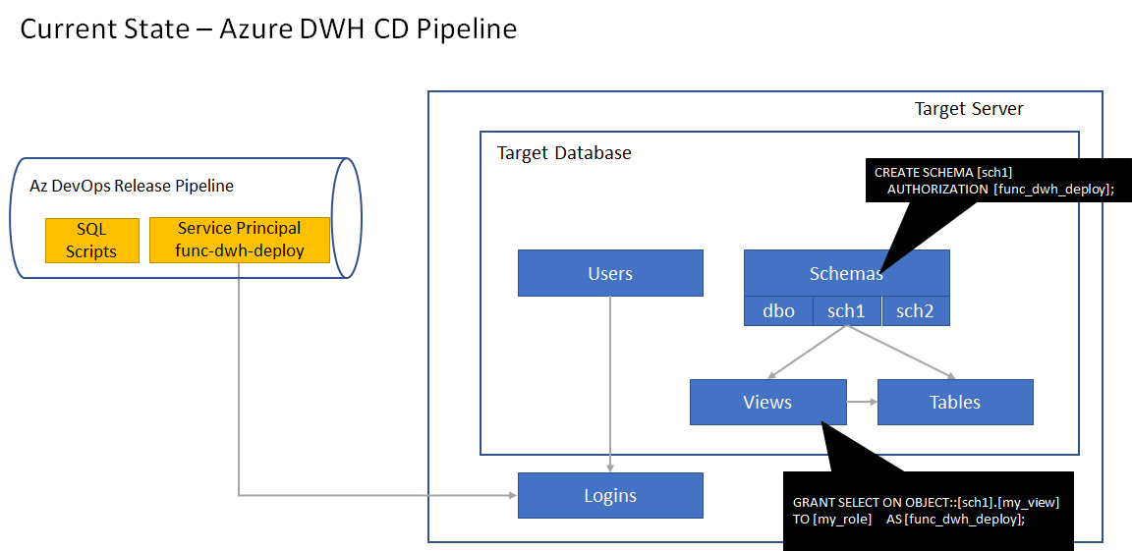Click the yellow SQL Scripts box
(x=91, y=240)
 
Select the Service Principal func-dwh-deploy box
(x=240, y=240)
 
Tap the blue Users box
(x=610, y=273)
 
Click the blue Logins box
(x=610, y=496)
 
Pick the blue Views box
(x=767, y=402)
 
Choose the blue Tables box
(x=955, y=402)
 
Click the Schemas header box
(x=846, y=273)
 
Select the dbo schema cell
(x=778, y=310)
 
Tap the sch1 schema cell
(x=846, y=310)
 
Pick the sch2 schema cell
(x=915, y=310)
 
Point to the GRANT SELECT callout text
(x=925, y=510)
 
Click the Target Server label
(x=969, y=109)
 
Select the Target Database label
(x=564, y=153)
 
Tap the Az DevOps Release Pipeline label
(x=132, y=186)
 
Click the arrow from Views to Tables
(x=862, y=402)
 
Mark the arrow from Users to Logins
(x=610, y=383)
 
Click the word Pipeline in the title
(x=467, y=28)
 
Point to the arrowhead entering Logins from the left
(x=512, y=496)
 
